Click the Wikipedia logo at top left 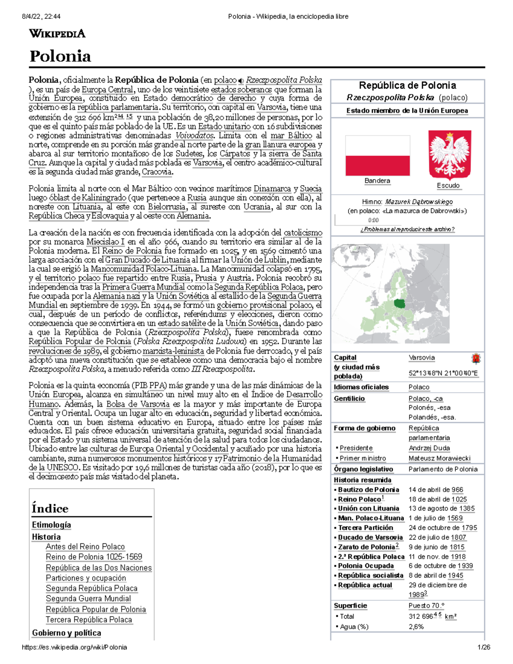[57, 34]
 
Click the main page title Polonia [60, 56]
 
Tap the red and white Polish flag [377, 156]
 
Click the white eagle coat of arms [449, 154]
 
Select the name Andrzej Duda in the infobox [429, 448]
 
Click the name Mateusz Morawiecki [439, 458]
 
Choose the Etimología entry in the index [51, 525]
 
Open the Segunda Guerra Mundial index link [88, 599]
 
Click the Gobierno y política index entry [66, 633]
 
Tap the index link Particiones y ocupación [86, 578]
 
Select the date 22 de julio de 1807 [437, 537]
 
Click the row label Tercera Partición [366, 528]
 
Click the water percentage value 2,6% [416, 627]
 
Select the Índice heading [50, 508]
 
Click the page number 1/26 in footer [484, 647]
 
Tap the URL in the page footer [74, 647]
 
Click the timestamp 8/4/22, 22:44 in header [41, 17]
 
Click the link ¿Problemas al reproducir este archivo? [407, 229]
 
